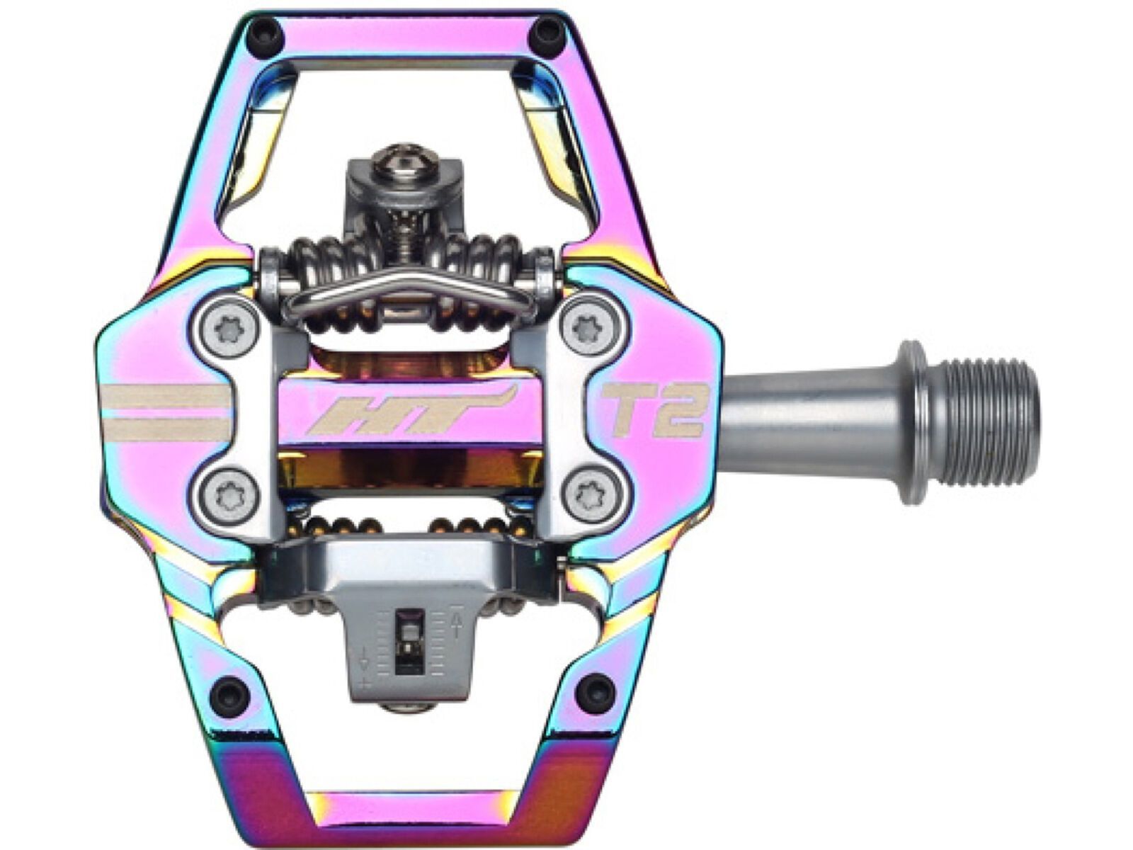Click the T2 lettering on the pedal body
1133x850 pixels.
click(x=652, y=410)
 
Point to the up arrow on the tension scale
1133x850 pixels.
click(x=455, y=623)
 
